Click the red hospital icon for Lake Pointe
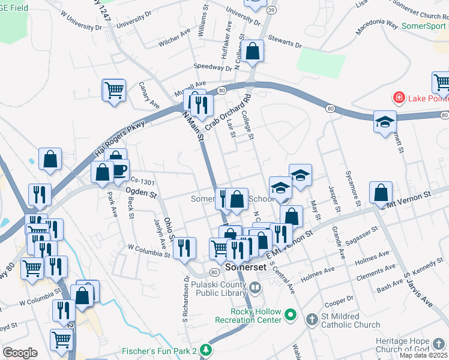397,97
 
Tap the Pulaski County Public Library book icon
256,288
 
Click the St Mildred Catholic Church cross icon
310,319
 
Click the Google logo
20,353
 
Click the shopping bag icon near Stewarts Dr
253,52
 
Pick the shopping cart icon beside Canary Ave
114,91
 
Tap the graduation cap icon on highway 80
384,122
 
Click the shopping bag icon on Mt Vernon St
381,193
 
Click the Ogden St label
142,193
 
